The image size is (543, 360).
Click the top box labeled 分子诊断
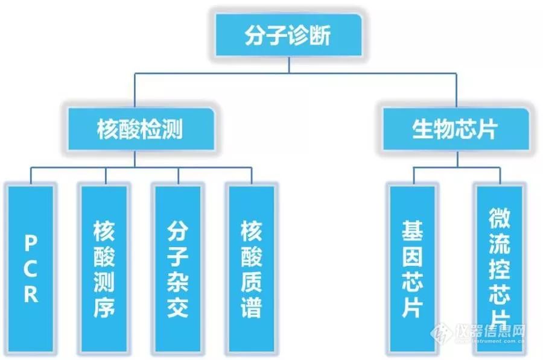pyautogui.click(x=288, y=35)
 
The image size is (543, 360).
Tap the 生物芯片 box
pyautogui.click(x=456, y=129)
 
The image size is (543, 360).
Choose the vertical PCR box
pyautogui.click(x=31, y=269)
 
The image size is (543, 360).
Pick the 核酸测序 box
pyautogui.click(x=104, y=269)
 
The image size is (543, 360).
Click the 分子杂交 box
pyautogui.click(x=177, y=269)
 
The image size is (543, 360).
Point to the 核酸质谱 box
pyautogui.click(x=252, y=269)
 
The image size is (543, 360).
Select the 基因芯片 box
pyautogui.click(x=413, y=269)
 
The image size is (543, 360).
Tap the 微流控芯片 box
pyautogui.click(x=500, y=269)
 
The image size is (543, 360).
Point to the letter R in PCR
pyautogui.click(x=31, y=294)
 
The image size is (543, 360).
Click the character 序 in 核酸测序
pyautogui.click(x=104, y=307)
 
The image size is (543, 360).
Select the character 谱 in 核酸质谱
pyautogui.click(x=252, y=307)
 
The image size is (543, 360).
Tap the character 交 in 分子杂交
pyautogui.click(x=177, y=307)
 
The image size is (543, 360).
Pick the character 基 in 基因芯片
pyautogui.click(x=413, y=231)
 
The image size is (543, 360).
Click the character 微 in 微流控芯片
pyautogui.click(x=500, y=218)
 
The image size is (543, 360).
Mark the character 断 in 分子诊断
pyautogui.click(x=320, y=36)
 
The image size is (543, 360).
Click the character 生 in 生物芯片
pyautogui.click(x=423, y=130)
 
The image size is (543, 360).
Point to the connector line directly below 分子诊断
pyautogui.click(x=289, y=65)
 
